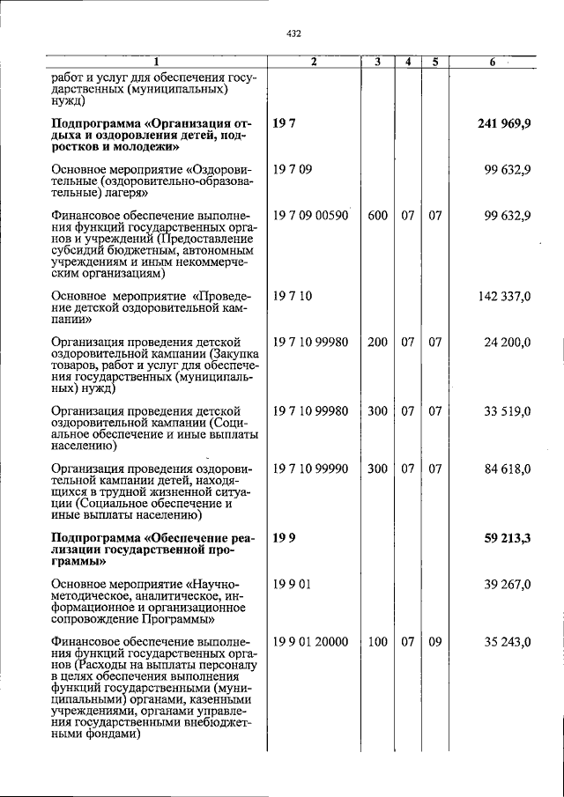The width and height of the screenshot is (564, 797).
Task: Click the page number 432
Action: click(294, 33)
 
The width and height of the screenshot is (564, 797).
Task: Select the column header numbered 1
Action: click(156, 63)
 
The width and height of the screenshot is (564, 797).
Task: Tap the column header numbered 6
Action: click(493, 63)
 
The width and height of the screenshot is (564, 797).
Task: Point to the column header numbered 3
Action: click(377, 63)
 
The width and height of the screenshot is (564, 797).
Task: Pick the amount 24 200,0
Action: click(508, 343)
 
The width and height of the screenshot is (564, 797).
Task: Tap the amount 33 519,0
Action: click(508, 411)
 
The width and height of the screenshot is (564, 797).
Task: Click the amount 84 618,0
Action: click(508, 469)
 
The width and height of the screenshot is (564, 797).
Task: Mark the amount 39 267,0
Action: click(508, 584)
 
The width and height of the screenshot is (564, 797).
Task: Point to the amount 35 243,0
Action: click(508, 643)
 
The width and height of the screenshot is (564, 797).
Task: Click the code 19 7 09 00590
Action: click(311, 215)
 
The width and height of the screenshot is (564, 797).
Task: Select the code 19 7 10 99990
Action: click(311, 469)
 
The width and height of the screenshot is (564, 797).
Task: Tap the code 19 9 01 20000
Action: click(311, 643)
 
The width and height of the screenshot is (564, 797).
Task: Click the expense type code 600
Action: click(377, 215)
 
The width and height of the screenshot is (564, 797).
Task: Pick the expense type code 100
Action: click(377, 643)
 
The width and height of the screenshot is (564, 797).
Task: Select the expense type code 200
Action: click(377, 343)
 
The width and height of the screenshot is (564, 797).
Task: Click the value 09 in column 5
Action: click(434, 643)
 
